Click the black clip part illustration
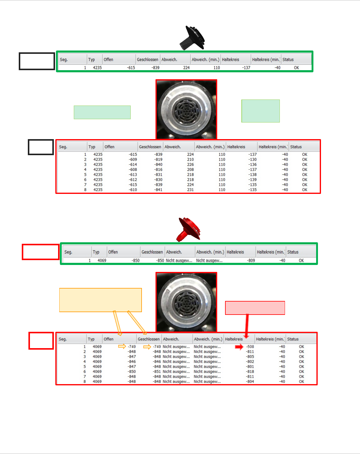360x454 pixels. point(192,38)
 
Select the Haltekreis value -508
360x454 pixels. point(250,347)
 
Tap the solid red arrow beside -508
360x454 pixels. point(239,347)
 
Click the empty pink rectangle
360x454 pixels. point(255,308)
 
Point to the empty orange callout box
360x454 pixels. point(100,300)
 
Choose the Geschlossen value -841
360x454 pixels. point(158,190)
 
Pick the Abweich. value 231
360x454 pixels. point(190,190)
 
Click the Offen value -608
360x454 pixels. point(133,170)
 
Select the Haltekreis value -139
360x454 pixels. point(252,180)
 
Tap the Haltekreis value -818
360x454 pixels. point(250,372)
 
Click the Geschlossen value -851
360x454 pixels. point(157,372)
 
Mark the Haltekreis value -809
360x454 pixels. point(251,260)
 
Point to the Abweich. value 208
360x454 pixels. point(190,170)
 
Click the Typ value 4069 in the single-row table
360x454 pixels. point(102,260)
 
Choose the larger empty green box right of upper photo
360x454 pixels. point(260,111)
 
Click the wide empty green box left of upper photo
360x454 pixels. point(102,112)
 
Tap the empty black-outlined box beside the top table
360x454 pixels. point(37,61)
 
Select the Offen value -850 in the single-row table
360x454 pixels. point(136,260)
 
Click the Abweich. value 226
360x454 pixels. point(190,165)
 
